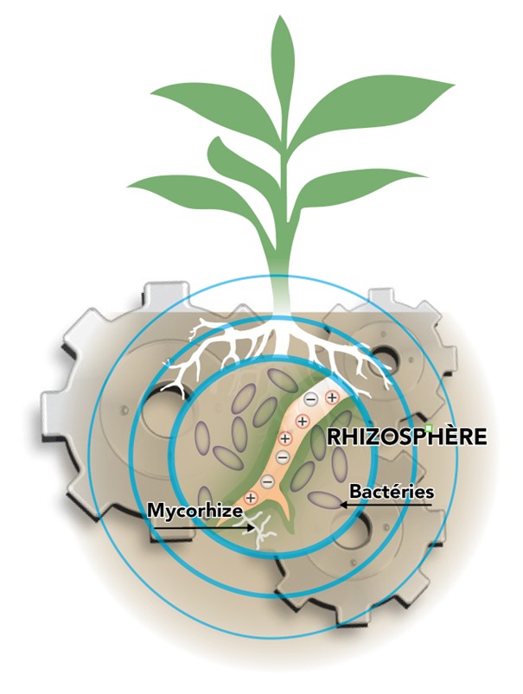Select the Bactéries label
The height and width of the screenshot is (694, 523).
point(391,491)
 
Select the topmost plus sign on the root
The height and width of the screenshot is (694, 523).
point(331,397)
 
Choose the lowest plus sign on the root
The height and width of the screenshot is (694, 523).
point(251,498)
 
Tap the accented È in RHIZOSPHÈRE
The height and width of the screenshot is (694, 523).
point(453,435)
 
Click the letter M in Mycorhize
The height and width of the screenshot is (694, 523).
point(155,510)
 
